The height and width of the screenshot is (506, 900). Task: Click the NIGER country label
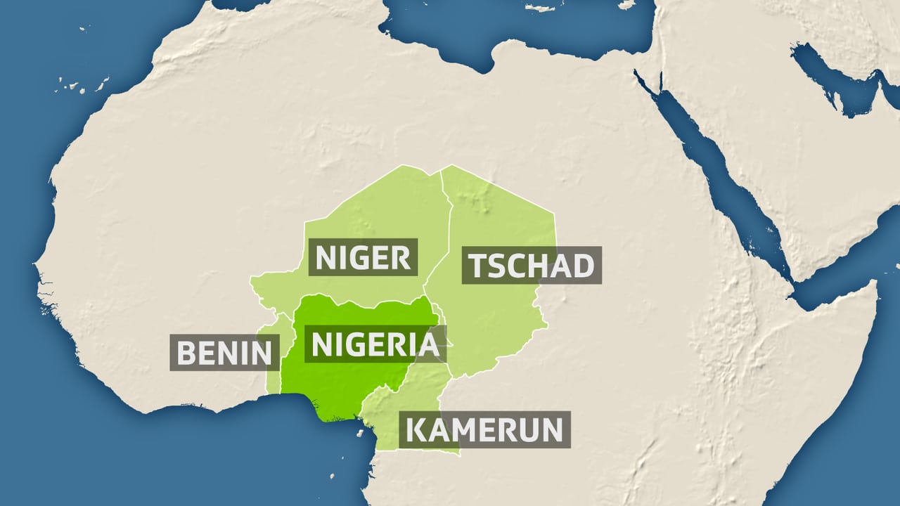[363, 257]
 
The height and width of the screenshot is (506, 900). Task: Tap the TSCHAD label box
[531, 266]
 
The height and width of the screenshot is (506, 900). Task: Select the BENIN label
[224, 352]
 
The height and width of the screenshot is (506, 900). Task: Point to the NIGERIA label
[375, 344]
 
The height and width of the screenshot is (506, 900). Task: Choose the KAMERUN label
[484, 429]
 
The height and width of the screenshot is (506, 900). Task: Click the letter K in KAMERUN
[418, 429]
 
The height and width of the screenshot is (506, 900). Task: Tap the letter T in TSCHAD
[478, 266]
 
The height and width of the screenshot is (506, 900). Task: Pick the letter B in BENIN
[186, 352]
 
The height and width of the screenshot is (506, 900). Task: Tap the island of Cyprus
[626, 4]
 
